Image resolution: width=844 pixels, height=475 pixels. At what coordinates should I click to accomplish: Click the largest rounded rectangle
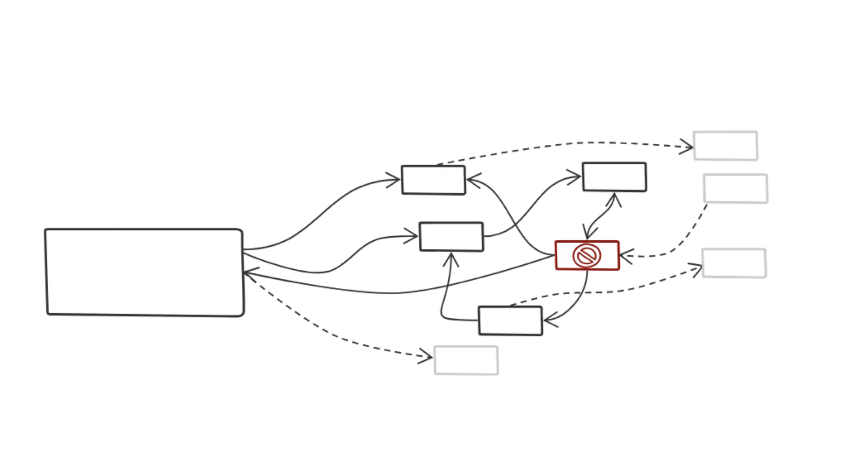tap(144, 272)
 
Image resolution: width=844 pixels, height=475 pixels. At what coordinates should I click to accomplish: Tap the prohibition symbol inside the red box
tap(587, 256)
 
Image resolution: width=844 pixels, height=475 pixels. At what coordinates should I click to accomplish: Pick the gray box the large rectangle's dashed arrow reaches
tap(466, 360)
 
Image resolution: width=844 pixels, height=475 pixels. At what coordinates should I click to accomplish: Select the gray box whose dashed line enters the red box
tap(735, 188)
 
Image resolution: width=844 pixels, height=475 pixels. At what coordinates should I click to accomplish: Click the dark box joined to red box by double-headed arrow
tap(614, 177)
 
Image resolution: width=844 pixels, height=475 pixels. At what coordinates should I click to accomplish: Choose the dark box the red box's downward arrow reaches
tap(510, 321)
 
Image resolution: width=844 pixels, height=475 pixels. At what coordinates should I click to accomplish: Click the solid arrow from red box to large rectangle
tap(396, 293)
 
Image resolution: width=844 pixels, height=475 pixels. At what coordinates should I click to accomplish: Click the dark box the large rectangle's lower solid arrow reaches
tap(451, 237)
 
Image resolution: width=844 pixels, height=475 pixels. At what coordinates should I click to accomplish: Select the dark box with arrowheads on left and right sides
tap(434, 180)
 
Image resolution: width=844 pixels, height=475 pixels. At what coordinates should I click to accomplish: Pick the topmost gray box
tap(725, 146)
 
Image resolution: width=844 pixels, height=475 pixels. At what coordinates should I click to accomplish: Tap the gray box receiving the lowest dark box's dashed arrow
tap(734, 263)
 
